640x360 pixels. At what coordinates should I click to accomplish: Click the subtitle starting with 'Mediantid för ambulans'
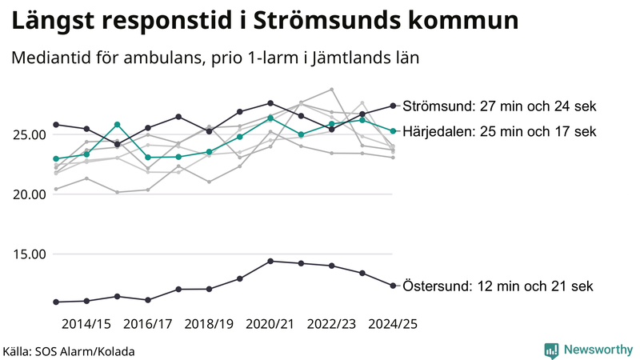215,58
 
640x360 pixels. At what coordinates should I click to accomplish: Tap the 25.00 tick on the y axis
27,134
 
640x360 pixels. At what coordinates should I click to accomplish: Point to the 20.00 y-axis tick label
27,194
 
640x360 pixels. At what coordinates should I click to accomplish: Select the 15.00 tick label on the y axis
27,254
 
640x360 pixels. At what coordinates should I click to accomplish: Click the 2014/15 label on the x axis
86,324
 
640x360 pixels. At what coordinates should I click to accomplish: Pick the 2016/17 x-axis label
147,324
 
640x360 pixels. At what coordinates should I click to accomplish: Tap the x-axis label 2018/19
209,324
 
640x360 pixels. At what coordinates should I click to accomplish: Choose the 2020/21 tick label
270,324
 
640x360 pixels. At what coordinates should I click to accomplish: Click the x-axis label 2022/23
332,324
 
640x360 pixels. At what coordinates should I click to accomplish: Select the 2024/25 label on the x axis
392,324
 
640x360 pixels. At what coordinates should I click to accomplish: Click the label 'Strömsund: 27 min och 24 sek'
499,106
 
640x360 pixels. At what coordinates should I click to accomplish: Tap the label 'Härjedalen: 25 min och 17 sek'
499,131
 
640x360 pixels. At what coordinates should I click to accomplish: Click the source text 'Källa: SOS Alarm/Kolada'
69,351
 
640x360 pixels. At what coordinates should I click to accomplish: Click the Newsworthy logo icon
551,350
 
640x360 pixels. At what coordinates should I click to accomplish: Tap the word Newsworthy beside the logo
598,350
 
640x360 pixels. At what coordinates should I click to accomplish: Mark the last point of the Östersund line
393,286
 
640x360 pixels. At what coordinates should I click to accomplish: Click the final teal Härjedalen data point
393,131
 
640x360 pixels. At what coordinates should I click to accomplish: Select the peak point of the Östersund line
270,261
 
